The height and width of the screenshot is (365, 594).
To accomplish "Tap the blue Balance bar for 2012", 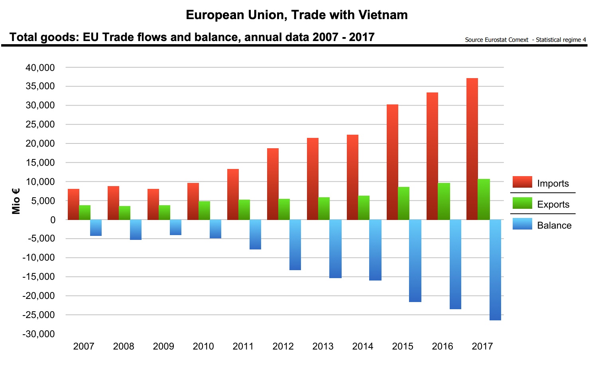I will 295,245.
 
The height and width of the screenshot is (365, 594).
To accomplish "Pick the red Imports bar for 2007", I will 73,204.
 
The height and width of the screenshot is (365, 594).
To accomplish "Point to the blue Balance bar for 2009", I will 175,227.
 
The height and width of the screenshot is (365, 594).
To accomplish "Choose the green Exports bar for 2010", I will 204,210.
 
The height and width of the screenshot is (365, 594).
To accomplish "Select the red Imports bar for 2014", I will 352,177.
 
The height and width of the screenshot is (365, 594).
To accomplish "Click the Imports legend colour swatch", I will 522,182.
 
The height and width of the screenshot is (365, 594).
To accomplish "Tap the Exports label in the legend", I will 553,204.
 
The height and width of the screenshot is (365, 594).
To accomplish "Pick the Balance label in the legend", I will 554,226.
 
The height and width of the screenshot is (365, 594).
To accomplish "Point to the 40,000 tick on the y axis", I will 40,68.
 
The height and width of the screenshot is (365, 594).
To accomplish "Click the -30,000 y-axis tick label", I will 39,334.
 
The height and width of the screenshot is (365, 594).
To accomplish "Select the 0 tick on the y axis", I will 53,220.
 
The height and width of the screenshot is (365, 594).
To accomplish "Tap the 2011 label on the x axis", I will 243,346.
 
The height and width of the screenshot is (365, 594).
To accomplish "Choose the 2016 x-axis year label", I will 443,346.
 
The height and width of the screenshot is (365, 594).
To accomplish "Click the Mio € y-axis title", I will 16,201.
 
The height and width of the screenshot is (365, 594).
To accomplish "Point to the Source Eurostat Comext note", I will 496,40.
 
